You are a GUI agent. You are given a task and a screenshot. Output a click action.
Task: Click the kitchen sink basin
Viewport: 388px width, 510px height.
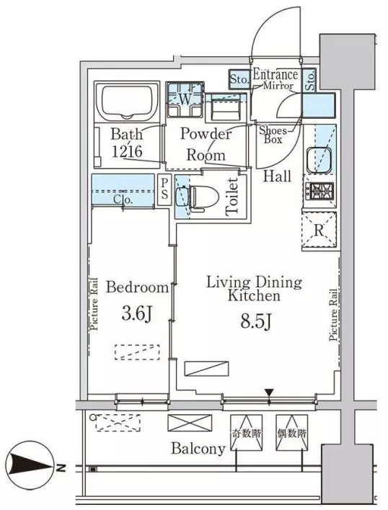click(319, 161)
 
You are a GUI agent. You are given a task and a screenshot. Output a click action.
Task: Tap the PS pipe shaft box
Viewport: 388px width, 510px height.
click(164, 191)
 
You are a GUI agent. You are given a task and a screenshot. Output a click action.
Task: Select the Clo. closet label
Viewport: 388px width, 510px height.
click(123, 200)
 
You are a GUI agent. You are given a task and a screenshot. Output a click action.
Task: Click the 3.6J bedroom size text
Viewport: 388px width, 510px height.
click(136, 313)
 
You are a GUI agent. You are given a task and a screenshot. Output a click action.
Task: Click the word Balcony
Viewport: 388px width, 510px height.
click(198, 449)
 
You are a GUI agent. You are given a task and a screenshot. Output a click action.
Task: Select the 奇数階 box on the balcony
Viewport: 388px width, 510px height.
click(246, 433)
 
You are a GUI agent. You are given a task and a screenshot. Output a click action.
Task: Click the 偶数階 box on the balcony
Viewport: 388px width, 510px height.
click(291, 433)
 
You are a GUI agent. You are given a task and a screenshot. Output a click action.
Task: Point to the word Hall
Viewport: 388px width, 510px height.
click(277, 176)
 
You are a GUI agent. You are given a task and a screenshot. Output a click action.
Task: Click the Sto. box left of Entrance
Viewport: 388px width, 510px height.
click(239, 80)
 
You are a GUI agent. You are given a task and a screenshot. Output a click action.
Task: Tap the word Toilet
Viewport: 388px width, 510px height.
click(232, 197)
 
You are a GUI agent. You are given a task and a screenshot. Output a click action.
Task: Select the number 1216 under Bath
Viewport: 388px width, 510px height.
click(127, 151)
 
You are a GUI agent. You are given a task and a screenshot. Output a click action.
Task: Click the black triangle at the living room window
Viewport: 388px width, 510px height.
click(269, 392)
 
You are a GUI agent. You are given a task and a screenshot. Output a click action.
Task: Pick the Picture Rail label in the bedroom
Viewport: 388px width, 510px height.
click(94, 304)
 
